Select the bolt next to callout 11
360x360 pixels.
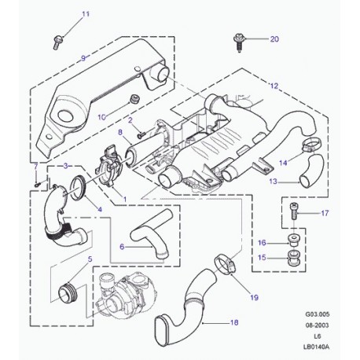pos(59,37)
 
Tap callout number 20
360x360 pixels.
pos(274,39)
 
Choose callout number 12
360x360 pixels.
pos(274,85)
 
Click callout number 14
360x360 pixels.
pos(285,163)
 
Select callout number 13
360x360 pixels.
pos(273,181)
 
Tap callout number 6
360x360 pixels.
pos(122,246)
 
